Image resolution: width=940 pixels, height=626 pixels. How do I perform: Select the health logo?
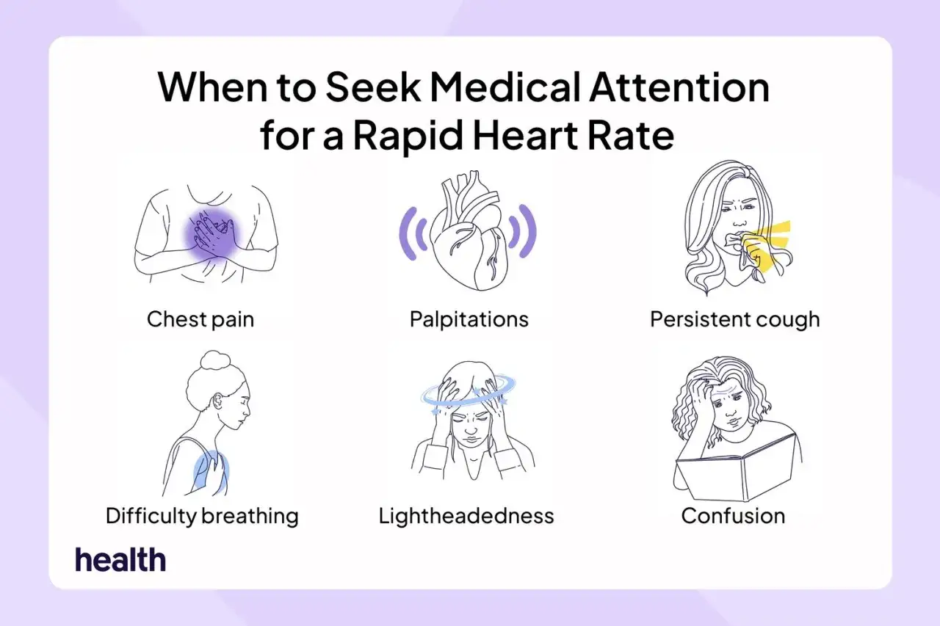coord(120,559)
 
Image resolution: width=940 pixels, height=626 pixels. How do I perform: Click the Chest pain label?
coord(200,319)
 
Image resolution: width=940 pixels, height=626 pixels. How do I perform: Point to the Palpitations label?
coord(469,319)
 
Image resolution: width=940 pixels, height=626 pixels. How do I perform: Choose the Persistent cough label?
coord(735,319)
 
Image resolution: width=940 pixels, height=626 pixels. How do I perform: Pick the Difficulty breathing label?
coord(202,516)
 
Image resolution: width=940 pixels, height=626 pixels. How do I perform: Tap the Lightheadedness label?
coord(466,516)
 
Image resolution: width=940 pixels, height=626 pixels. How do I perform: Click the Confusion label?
coord(733,516)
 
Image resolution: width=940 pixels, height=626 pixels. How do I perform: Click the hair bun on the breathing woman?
coord(215,360)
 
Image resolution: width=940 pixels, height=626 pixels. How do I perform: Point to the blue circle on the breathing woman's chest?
coord(211,472)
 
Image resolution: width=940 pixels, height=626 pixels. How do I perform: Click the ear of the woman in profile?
coord(218,401)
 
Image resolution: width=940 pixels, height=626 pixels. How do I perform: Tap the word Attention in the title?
coord(679,87)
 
